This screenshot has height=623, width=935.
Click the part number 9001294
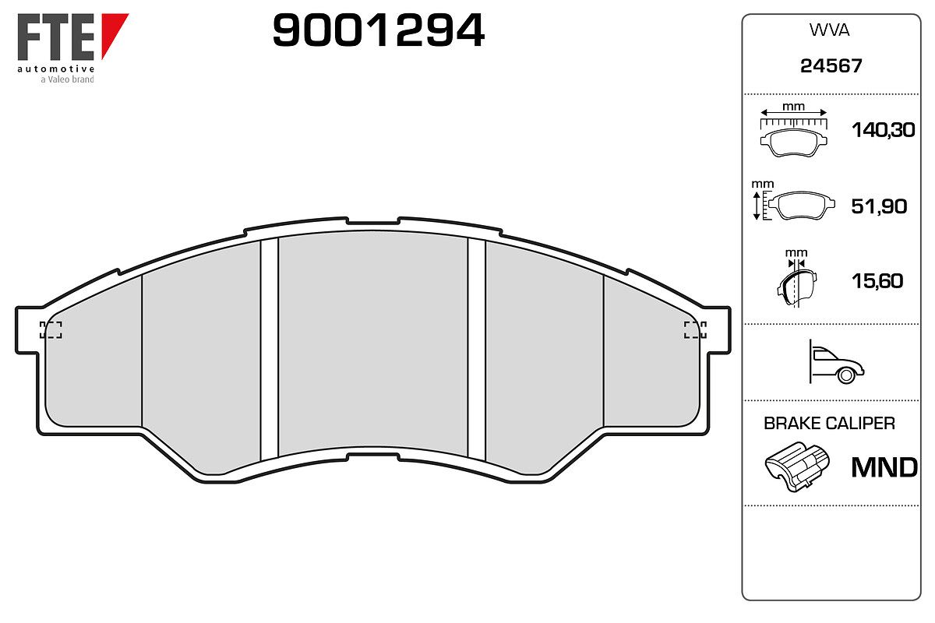(379, 30)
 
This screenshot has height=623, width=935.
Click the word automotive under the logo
(56, 69)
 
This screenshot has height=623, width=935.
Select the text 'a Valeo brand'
(67, 79)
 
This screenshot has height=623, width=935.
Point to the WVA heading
(829, 30)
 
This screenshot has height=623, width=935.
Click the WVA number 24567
(831, 66)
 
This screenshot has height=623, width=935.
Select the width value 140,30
(884, 130)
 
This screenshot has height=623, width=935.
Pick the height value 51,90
(879, 206)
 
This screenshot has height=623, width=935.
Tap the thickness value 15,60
(877, 281)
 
